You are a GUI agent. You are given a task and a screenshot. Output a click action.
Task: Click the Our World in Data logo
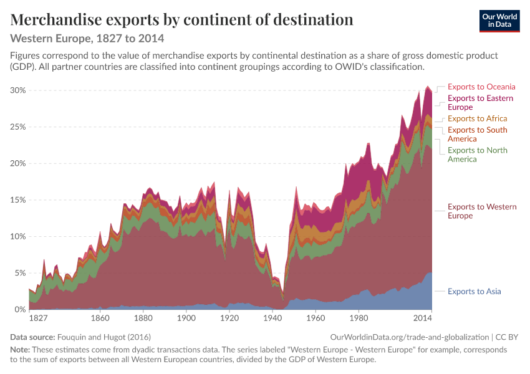pyautogui.click(x=499, y=21)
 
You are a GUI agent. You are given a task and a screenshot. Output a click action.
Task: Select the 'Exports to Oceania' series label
pyautogui.click(x=481, y=87)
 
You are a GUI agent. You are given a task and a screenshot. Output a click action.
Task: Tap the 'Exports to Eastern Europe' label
pyautogui.click(x=480, y=103)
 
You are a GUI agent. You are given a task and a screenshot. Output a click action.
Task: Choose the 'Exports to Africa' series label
pyautogui.click(x=477, y=118)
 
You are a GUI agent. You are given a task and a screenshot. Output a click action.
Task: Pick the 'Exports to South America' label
pyautogui.click(x=477, y=135)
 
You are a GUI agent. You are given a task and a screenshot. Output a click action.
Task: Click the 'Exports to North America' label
pyautogui.click(x=477, y=155)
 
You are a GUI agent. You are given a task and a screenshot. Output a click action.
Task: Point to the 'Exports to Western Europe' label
pyautogui.click(x=482, y=211)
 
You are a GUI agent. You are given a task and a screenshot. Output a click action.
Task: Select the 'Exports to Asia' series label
pyautogui.click(x=475, y=291)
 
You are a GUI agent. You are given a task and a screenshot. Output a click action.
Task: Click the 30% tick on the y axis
pyautogui.click(x=18, y=90)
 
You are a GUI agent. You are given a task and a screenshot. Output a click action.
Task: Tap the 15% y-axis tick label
pyautogui.click(x=18, y=200)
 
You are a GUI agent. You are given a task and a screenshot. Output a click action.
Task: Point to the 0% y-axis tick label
pyautogui.click(x=20, y=309)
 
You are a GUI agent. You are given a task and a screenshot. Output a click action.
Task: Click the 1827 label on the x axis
pyautogui.click(x=38, y=319)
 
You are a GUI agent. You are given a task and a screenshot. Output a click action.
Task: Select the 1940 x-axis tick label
pyautogui.click(x=272, y=319)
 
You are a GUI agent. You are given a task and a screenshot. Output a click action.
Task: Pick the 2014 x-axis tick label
pyautogui.click(x=423, y=319)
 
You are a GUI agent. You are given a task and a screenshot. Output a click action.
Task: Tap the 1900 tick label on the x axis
pyautogui.click(x=186, y=319)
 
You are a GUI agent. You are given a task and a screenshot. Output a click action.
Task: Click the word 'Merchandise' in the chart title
pyautogui.click(x=56, y=19)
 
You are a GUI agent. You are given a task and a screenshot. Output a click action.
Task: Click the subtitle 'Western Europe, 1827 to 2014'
pyautogui.click(x=87, y=39)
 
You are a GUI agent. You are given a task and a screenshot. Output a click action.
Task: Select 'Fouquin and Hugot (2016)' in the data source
pyautogui.click(x=104, y=337)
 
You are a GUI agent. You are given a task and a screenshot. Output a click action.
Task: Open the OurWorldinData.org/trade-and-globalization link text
pyautogui.click(x=410, y=337)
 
